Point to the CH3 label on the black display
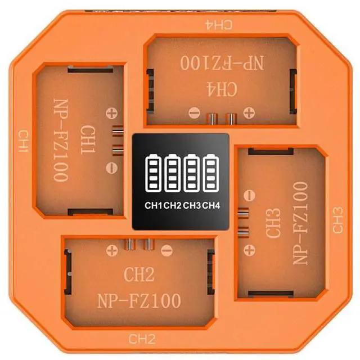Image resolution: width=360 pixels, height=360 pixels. pos(192,205)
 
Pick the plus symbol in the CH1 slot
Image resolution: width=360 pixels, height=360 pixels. pos(111,112)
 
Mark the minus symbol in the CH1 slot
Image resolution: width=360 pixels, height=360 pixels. pos(111,166)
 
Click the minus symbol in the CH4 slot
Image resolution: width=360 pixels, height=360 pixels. pos(193,112)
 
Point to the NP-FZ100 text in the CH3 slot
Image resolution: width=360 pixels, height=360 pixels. pos(299,223)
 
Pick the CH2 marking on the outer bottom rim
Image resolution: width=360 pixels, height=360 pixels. pos(141,339)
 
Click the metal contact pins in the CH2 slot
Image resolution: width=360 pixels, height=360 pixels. pos(139,244)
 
